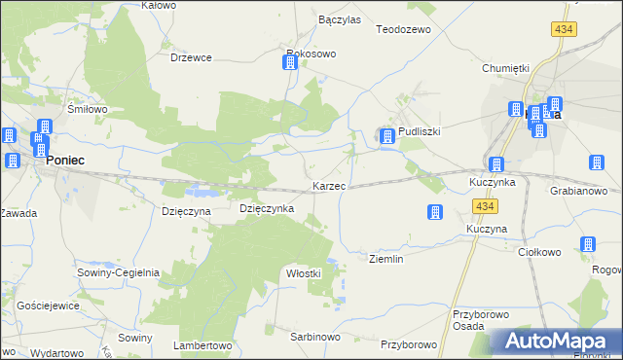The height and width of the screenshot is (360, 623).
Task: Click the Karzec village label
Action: (x=328, y=186)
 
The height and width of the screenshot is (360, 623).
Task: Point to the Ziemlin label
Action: (x=386, y=259)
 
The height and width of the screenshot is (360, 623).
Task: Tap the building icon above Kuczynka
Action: (x=496, y=165)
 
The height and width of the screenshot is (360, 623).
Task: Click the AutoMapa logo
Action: (x=556, y=341)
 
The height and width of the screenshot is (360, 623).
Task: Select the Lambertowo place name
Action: (x=202, y=345)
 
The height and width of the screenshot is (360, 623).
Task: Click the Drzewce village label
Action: (x=191, y=57)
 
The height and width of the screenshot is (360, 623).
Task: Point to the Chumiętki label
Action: (x=505, y=68)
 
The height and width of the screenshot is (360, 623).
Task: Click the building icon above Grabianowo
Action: (x=597, y=163)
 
